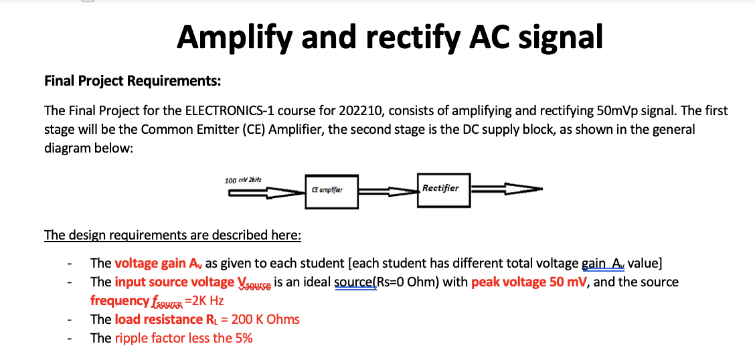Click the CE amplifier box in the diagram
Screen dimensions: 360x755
point(331,191)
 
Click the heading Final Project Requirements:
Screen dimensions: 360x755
point(132,81)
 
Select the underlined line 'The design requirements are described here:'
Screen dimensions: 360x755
point(172,235)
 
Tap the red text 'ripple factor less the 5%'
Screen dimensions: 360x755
point(183,338)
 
